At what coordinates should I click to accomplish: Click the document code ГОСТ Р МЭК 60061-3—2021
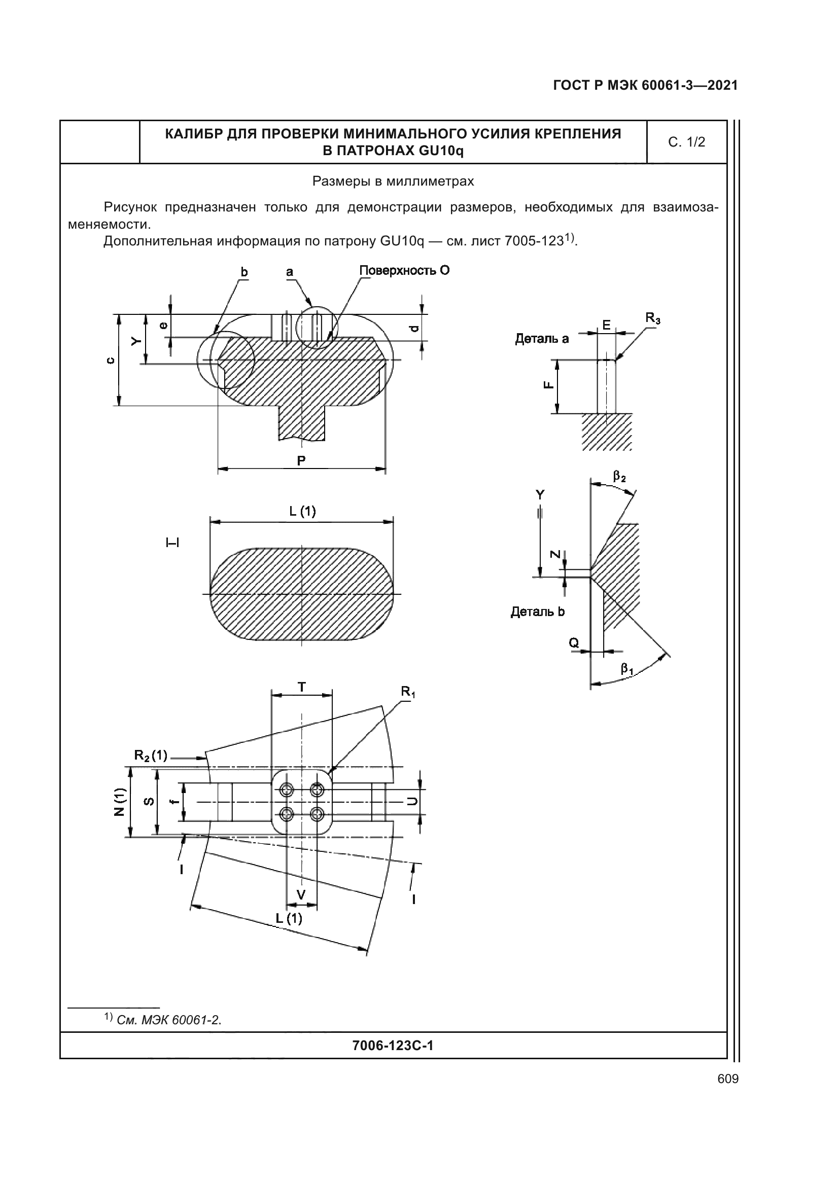(x=645, y=85)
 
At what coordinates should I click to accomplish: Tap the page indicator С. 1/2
(x=686, y=142)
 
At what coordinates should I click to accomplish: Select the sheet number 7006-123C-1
(x=393, y=1046)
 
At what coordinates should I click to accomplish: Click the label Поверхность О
(x=404, y=271)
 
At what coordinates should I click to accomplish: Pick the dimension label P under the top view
(x=301, y=460)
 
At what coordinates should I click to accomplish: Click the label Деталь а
(x=541, y=339)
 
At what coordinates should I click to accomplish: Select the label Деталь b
(x=537, y=612)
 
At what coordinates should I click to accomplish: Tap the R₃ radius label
(x=652, y=318)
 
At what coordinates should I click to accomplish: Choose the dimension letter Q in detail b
(x=574, y=642)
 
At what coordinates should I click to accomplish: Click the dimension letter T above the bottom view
(x=302, y=688)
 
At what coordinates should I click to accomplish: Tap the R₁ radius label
(x=408, y=692)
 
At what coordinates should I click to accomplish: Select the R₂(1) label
(x=150, y=755)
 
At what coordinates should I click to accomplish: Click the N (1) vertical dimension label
(x=119, y=801)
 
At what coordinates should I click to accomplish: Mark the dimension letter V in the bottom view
(x=301, y=894)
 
